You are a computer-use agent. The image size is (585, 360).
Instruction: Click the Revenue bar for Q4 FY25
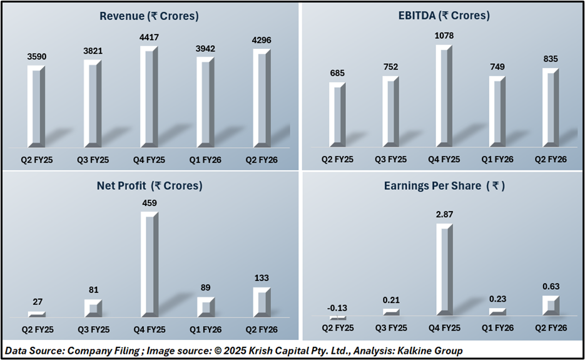pos(149,97)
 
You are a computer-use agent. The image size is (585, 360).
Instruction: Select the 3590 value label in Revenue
pos(37,57)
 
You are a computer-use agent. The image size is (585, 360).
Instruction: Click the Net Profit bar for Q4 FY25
pos(150,263)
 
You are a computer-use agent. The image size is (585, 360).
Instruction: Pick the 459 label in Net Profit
pos(150,203)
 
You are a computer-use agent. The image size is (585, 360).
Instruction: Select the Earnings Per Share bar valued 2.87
pos(444,269)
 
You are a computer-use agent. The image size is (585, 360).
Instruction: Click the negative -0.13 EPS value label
pos(338,307)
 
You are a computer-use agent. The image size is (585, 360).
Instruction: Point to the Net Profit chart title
pos(150,186)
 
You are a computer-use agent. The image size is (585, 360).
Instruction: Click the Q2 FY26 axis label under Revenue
pos(262,160)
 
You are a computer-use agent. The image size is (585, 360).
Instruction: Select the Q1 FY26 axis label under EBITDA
pos(497,160)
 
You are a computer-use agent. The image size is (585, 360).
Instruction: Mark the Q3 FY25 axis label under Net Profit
pos(93,329)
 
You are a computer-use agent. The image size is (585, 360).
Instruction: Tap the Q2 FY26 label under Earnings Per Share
pos(551,329)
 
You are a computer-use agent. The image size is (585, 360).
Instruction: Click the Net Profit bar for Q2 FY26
pos(262,302)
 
